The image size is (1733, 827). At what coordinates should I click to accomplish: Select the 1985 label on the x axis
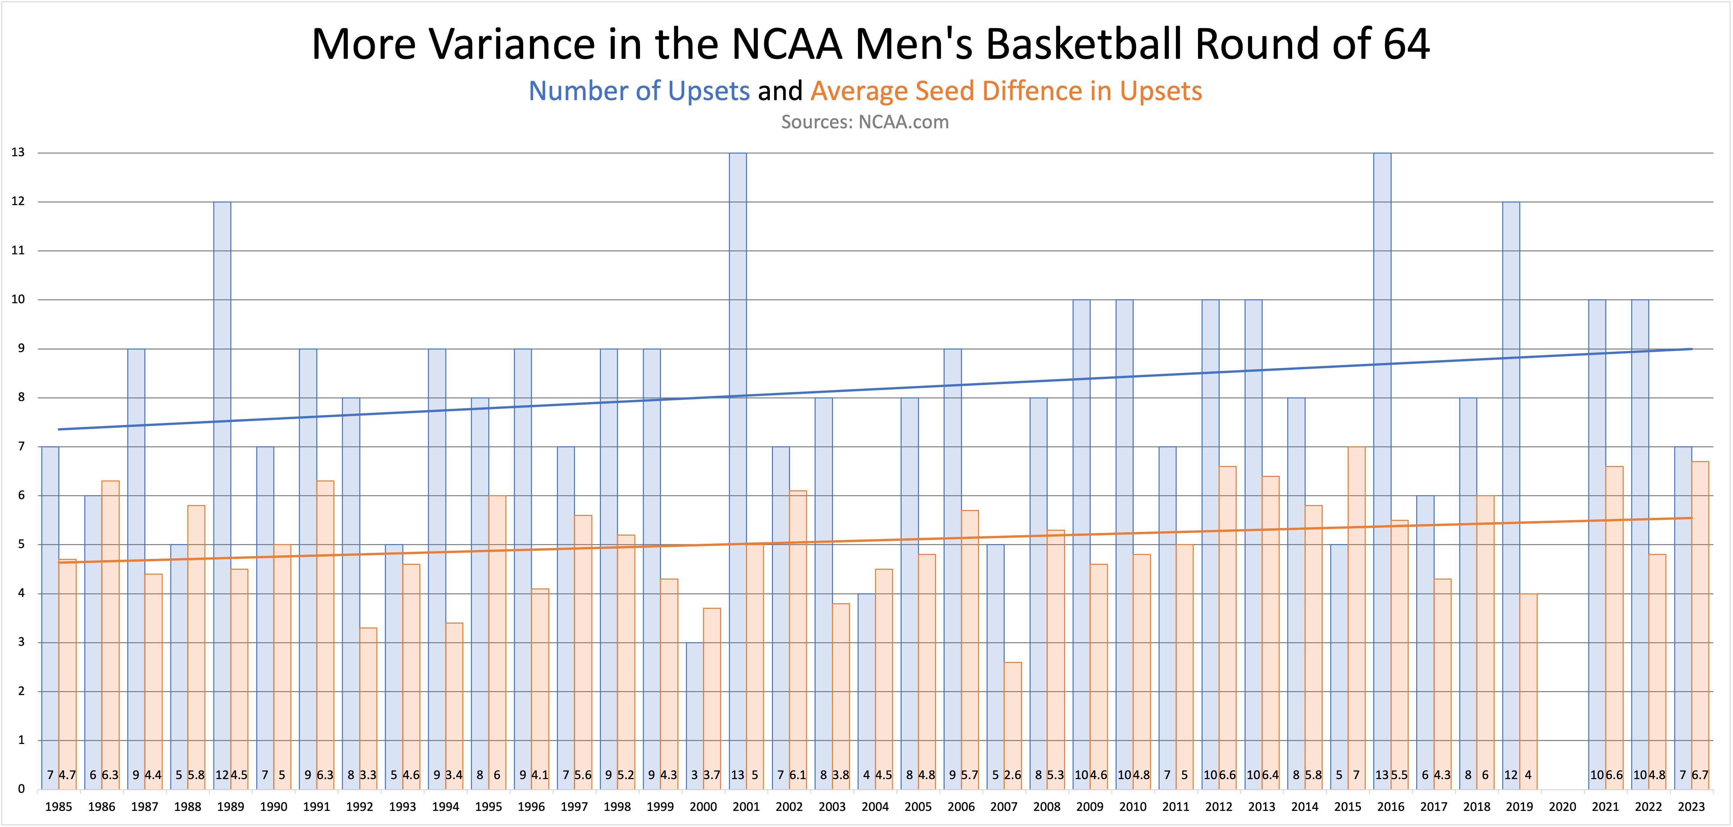pos(58,807)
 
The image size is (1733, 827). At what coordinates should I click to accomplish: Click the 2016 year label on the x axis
pos(1391,807)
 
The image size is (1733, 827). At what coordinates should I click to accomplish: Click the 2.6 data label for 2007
pos(1013,775)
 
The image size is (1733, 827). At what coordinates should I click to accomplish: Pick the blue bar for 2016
pos(1382,471)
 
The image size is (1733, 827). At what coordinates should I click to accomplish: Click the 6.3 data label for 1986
pos(110,775)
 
